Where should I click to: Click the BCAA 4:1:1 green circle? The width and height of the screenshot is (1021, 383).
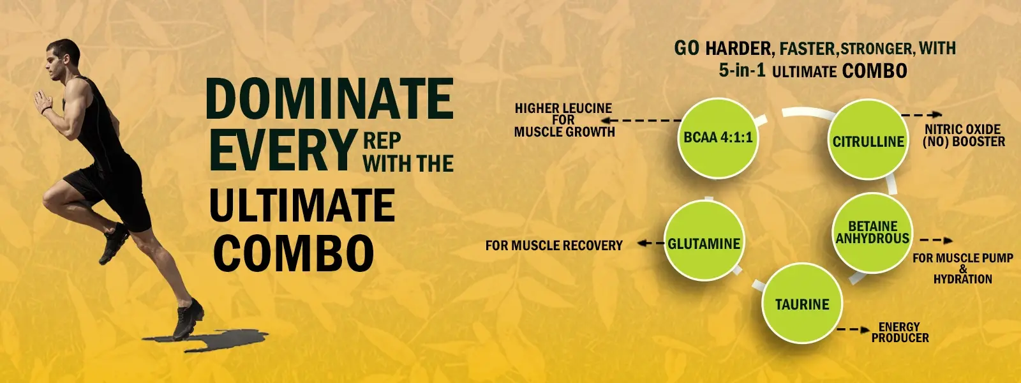tap(718, 138)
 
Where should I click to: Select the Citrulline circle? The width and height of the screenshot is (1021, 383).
tap(868, 140)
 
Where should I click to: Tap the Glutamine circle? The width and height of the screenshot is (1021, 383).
tap(704, 240)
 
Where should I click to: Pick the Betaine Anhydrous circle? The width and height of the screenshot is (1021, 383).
tap(872, 233)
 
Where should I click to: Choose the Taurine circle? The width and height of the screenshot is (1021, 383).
tap(802, 304)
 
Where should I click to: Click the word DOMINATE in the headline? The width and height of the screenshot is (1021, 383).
tap(329, 99)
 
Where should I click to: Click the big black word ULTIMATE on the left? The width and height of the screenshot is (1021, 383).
tap(302, 204)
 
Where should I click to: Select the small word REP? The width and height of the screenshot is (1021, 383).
tap(382, 141)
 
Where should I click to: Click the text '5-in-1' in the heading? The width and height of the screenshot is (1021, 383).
tap(742, 71)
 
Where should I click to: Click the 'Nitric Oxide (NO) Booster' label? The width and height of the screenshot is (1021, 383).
tap(964, 135)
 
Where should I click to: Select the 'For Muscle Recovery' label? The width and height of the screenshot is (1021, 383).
tap(554, 246)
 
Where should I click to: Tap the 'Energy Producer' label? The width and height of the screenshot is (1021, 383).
tap(900, 333)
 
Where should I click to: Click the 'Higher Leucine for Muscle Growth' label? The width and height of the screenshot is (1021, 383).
tap(564, 121)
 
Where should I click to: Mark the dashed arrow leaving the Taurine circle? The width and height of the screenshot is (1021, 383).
tap(853, 329)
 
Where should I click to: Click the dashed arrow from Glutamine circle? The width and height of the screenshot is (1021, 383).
tap(650, 243)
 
